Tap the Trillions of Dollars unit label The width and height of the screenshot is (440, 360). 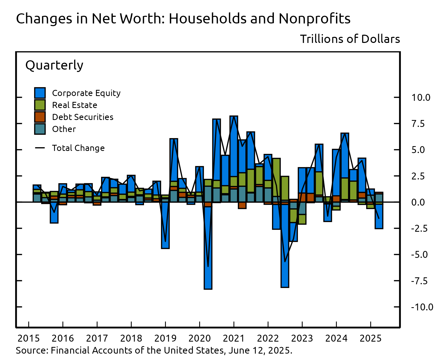point(350,39)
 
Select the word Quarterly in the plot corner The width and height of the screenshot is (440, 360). point(54,65)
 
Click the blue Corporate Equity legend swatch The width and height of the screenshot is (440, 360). point(40,93)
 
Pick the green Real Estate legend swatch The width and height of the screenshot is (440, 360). point(40,105)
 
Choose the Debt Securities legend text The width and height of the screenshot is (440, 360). point(83,117)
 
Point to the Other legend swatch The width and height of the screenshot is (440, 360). point(40,129)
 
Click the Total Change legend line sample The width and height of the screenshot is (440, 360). point(40,148)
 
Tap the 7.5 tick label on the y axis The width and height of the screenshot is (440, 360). point(418,124)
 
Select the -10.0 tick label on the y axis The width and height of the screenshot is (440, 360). point(422,307)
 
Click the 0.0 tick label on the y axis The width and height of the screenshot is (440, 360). point(418,202)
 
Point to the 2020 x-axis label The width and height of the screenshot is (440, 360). point(199,338)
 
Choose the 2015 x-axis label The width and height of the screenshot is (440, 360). point(29,338)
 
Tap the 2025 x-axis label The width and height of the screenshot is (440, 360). point(371,338)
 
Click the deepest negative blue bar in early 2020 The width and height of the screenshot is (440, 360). point(208,248)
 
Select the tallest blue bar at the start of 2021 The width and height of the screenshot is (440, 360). point(234,147)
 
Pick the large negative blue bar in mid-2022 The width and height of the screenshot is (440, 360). point(285,245)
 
